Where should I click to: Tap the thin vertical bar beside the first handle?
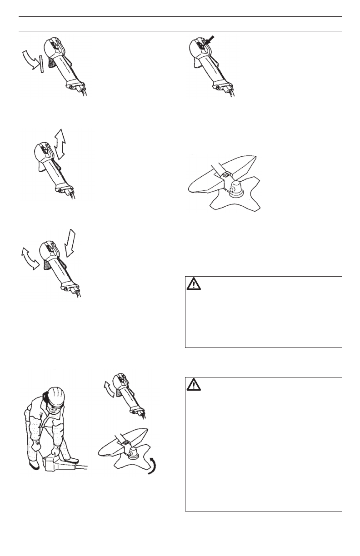click(41, 64)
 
